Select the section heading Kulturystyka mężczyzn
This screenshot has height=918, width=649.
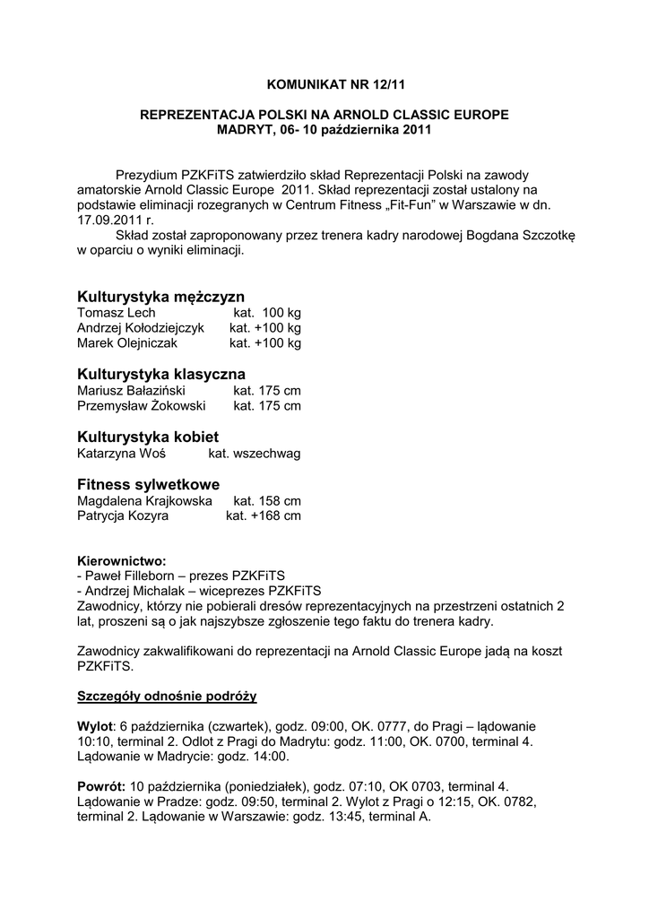tap(160, 296)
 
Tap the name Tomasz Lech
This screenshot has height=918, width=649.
tap(117, 313)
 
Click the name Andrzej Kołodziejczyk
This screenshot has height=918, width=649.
tap(142, 328)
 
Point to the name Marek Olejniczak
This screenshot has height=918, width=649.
tap(127, 343)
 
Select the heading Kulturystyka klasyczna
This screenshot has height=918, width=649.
tap(161, 373)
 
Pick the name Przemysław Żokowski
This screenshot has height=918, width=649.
tap(142, 405)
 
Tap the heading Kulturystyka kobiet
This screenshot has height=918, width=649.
tap(148, 436)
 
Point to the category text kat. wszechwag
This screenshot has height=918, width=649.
tap(255, 453)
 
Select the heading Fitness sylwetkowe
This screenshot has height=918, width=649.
tap(148, 484)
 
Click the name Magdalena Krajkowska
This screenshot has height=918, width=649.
tap(144, 500)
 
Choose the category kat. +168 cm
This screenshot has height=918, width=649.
tap(263, 515)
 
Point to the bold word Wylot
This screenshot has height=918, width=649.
tap(95, 725)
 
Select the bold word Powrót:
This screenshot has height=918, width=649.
tap(101, 786)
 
